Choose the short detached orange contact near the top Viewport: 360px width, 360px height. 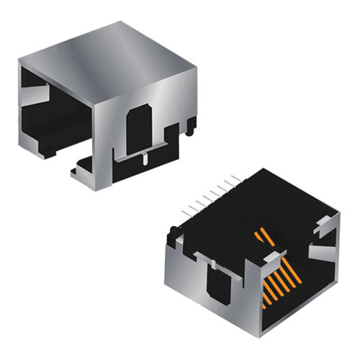tap(263, 235)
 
